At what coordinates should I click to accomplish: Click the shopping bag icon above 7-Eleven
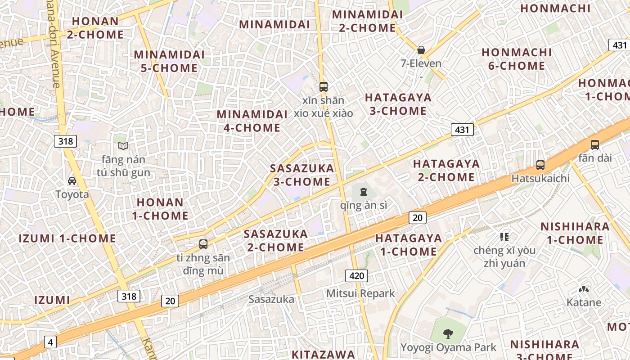coord(421,49)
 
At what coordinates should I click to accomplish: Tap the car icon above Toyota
coord(72,181)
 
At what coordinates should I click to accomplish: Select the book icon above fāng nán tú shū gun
coord(123,146)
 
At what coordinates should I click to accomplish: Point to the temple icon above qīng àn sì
coord(363,192)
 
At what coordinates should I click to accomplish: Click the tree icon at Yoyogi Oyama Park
coord(448,333)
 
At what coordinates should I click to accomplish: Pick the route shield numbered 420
coord(356,275)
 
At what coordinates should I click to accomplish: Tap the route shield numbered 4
coord(50,342)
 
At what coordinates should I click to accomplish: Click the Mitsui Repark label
coord(360,293)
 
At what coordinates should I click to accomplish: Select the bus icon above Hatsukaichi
coord(540,165)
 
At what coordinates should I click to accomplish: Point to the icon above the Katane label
coord(584,289)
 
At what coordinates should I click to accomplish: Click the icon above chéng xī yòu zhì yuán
coord(504,237)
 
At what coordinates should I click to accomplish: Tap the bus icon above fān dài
coord(595,145)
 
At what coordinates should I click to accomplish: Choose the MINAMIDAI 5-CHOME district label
coord(169,61)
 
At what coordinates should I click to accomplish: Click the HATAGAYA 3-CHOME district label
coord(398,104)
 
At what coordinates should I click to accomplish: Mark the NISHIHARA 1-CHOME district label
coord(575,233)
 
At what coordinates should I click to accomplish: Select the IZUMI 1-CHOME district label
coord(67,238)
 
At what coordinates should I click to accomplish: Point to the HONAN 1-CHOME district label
coord(160,209)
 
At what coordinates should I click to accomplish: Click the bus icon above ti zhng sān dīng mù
coord(203,244)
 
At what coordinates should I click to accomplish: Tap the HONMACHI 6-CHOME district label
coord(517,59)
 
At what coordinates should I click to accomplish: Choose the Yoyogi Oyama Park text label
coord(448,347)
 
